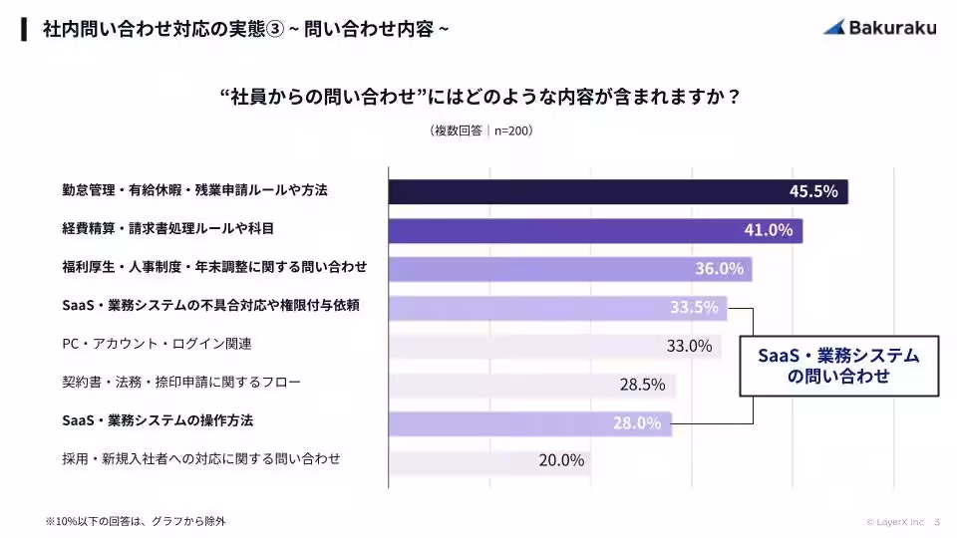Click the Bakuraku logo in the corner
(x=879, y=28)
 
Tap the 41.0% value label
(x=768, y=230)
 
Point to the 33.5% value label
(x=694, y=307)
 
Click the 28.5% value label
(x=642, y=385)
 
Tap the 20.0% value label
(x=561, y=460)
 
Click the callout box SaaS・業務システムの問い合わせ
(x=838, y=366)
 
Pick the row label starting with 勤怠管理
(x=195, y=189)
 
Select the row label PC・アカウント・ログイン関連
(x=157, y=344)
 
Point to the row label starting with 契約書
(x=180, y=382)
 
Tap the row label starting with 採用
(x=200, y=458)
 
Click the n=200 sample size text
(x=514, y=132)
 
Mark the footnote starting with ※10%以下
(x=135, y=520)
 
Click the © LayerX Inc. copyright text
(x=895, y=521)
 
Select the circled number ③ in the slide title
(x=276, y=29)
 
